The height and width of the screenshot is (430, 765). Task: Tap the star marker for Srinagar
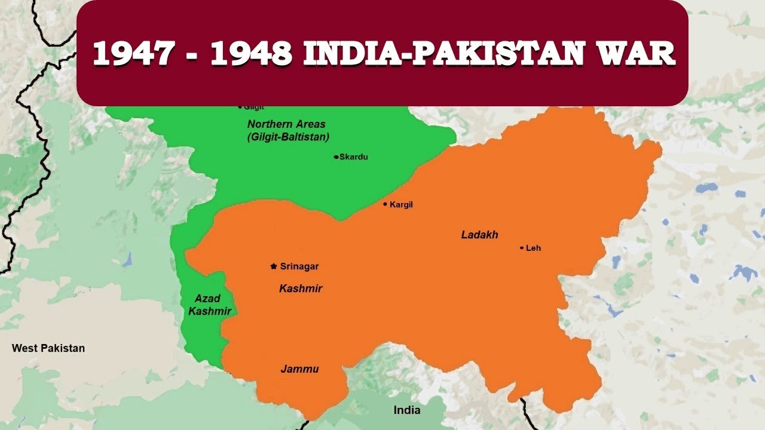(274, 266)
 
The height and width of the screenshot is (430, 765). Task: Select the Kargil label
(401, 205)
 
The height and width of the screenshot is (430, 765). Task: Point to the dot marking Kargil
(385, 204)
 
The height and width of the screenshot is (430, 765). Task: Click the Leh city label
(533, 248)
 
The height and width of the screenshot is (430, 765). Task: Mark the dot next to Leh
(522, 248)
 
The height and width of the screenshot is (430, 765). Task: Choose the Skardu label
(354, 157)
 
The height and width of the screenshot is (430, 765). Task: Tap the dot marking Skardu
(336, 157)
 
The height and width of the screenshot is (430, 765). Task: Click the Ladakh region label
(479, 235)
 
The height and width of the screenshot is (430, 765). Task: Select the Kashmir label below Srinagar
(301, 288)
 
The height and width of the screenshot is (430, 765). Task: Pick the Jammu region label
(299, 369)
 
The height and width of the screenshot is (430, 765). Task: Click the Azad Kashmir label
(209, 305)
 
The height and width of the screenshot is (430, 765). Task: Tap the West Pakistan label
(48, 348)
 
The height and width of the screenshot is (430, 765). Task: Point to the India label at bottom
(406, 410)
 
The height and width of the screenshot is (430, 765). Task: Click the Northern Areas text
(286, 124)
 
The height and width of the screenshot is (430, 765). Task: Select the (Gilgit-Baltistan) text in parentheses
(288, 137)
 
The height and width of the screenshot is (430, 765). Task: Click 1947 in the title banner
(132, 54)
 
